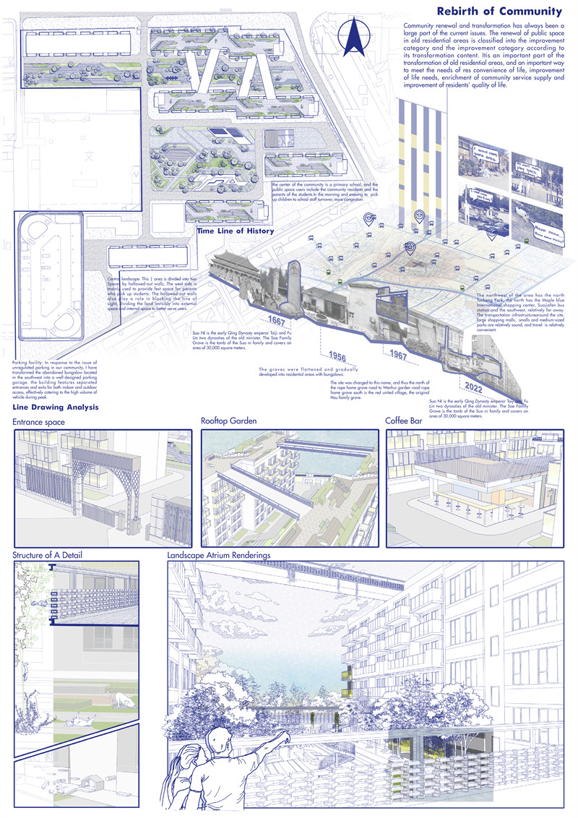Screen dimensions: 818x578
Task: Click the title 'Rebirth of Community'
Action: point(499,12)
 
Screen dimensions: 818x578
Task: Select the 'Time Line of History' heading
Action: point(236,231)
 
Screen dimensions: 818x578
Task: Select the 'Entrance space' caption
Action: point(39,422)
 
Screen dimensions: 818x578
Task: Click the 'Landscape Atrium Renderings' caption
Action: point(228,555)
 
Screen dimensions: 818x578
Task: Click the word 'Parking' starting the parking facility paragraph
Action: point(22,361)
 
